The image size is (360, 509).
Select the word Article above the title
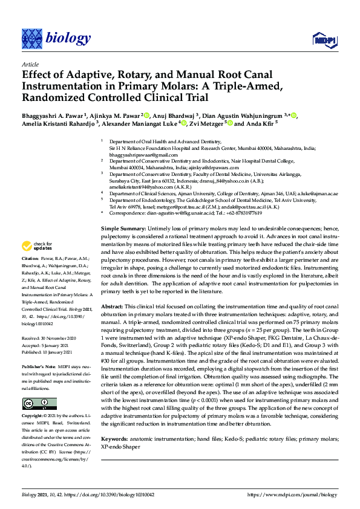[x=30, y=63]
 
